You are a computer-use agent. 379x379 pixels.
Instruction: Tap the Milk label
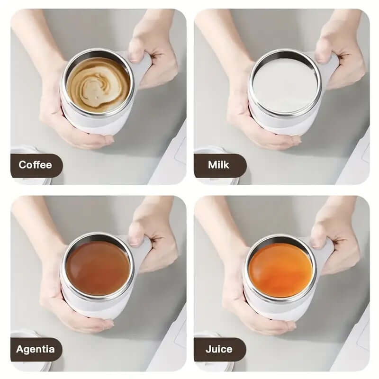point(218,165)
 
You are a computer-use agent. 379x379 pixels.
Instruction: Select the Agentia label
point(35,350)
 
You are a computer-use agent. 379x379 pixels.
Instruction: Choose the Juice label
point(219,350)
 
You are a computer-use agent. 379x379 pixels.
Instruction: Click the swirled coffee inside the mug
point(98,85)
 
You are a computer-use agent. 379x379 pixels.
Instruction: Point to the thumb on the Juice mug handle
point(319,237)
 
